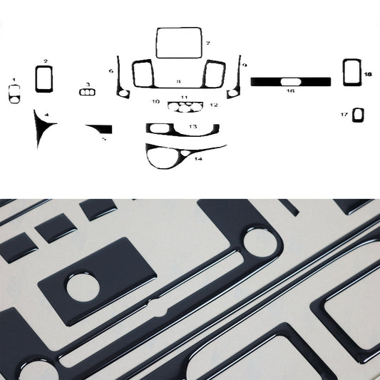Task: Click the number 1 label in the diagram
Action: click(x=14, y=80)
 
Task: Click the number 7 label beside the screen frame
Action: click(x=207, y=44)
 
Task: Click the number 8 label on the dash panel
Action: click(x=178, y=82)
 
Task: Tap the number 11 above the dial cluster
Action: click(x=184, y=97)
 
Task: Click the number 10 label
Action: click(x=155, y=102)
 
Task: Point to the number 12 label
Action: click(x=213, y=105)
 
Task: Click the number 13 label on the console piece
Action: click(x=192, y=126)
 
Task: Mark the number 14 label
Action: click(x=197, y=158)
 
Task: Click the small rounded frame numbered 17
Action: click(x=357, y=114)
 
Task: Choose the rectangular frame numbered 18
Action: click(x=349, y=72)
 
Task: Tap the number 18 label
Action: click(x=367, y=74)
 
